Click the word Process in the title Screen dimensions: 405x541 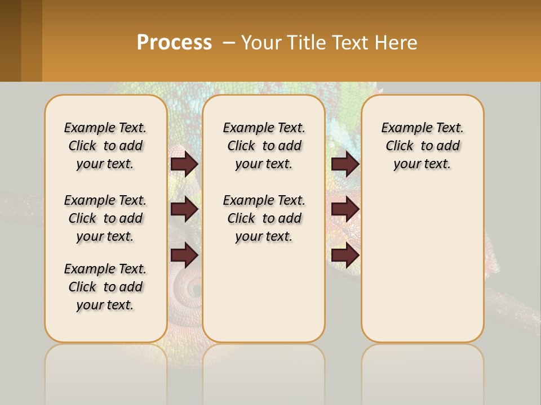point(174,43)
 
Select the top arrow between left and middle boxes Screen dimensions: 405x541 point(184,164)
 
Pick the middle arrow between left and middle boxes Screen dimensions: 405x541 point(184,210)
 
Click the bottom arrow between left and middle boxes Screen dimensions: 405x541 point(184,255)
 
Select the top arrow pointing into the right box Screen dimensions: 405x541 point(345,164)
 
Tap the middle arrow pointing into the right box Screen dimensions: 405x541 point(345,210)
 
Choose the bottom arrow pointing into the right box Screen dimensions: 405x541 point(345,255)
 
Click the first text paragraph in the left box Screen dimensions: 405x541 point(105,146)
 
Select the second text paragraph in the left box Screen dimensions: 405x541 point(105,218)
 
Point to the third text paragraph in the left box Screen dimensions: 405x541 point(105,287)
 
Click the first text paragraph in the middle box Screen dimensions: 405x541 point(264,146)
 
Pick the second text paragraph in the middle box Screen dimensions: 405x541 point(264,218)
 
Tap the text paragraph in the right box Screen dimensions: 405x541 point(423,146)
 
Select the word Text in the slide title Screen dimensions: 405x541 point(348,43)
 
